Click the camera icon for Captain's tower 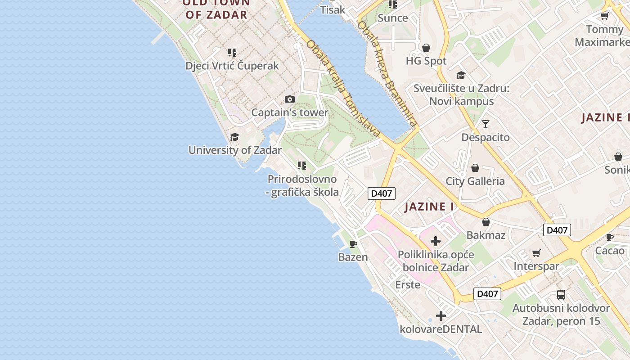pos(290,99)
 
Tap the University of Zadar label pos(235,150)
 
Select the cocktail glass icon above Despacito pos(485,124)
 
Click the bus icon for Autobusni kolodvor pos(561,295)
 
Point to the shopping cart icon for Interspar pos(536,253)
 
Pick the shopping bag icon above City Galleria pos(475,168)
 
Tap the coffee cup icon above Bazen pos(353,244)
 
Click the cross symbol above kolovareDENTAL pos(441,316)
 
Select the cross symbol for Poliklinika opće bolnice pos(435,241)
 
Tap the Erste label pos(408,284)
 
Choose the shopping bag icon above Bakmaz pos(486,222)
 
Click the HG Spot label pos(426,61)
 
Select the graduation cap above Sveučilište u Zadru pos(461,75)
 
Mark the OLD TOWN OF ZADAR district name pos(216,9)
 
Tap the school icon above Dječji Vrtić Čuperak pos(232,53)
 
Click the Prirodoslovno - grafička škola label pos(302,185)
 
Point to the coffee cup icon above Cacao pos(610,237)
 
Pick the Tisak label pos(333,9)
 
